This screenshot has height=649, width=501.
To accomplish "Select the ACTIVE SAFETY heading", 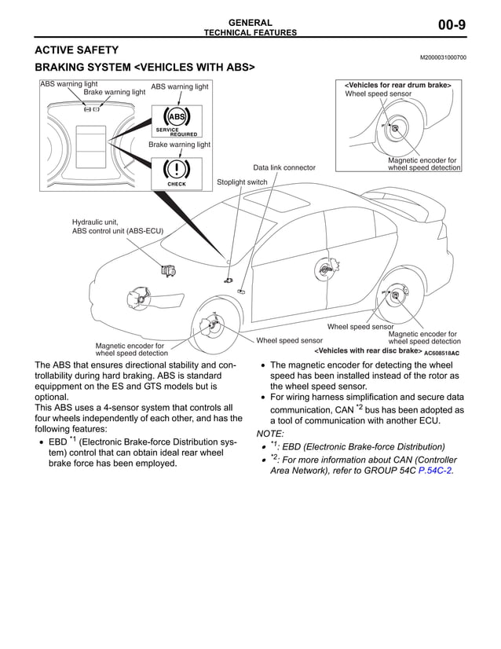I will click(77, 50).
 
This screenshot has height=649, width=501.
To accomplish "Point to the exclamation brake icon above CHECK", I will click(177, 169).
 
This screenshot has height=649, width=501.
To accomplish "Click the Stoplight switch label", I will click(242, 182).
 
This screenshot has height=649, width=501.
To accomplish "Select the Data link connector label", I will click(284, 167).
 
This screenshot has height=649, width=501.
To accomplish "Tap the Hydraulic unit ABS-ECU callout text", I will click(117, 226).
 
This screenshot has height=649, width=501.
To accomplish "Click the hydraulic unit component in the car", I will click(167, 272).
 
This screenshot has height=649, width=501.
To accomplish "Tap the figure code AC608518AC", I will click(441, 354).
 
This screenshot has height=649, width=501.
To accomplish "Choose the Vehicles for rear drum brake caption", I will click(398, 85).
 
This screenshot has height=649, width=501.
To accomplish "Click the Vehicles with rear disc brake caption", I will click(368, 352).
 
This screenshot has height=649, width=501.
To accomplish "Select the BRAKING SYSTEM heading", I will click(145, 68).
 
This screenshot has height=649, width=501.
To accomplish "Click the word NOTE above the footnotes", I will click(271, 433).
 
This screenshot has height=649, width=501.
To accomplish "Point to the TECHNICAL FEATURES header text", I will click(251, 33).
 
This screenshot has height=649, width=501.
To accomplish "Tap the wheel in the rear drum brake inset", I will click(393, 130).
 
